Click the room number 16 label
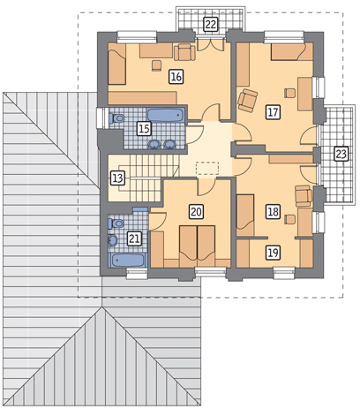coord(176,77)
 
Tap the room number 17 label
coord(273,112)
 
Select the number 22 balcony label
coord(211,24)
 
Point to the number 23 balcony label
coord(341,154)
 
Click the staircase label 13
coord(117,178)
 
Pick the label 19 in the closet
coord(274,253)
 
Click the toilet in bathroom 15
coord(116,118)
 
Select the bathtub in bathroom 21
coord(128,261)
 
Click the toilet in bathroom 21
coord(116,223)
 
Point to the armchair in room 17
coord(247,100)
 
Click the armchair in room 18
coord(304,195)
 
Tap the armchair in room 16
coord(184,52)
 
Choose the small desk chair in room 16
coord(157,65)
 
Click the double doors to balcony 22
coord(210,45)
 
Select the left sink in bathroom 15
coord(154,144)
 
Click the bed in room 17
coord(292,52)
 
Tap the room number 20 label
coord(197,211)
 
